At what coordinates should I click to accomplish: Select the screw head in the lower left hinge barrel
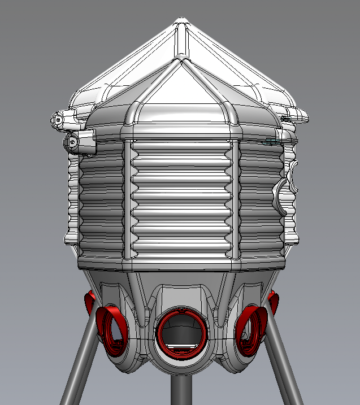tap(72, 142)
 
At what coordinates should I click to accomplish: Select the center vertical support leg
tap(180, 390)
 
